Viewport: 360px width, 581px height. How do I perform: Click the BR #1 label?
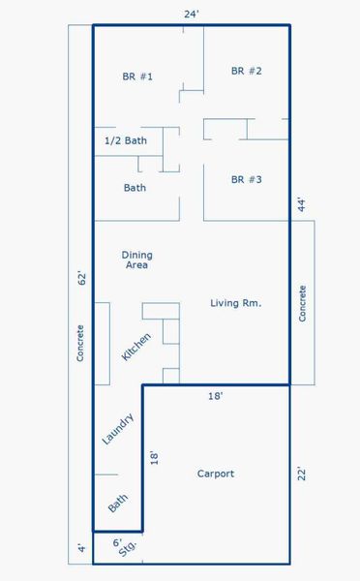[x=137, y=76]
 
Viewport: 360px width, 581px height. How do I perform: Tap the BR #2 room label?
[x=247, y=71]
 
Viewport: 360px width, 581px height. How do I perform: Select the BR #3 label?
[x=247, y=179]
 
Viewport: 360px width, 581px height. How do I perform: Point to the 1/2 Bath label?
[x=126, y=140]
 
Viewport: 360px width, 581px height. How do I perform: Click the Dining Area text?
[x=137, y=260]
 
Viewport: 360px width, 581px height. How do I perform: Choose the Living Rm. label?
[x=235, y=303]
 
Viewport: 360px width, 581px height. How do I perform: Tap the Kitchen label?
[x=136, y=347]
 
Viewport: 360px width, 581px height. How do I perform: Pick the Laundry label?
[x=118, y=429]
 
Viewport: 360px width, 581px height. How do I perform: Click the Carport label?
[x=216, y=474]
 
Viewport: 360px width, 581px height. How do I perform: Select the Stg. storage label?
[x=128, y=548]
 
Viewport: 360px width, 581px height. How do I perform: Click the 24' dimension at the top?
[x=192, y=15]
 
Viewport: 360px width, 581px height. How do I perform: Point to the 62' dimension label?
[x=82, y=278]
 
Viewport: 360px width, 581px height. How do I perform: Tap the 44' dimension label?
[x=302, y=205]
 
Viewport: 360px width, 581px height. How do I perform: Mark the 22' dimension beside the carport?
[x=302, y=474]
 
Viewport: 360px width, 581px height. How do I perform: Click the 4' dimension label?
[x=82, y=548]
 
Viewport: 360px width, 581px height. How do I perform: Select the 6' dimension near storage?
[x=117, y=543]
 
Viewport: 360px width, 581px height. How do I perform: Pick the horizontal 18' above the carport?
[x=215, y=396]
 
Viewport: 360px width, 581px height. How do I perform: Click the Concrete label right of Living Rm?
[x=303, y=303]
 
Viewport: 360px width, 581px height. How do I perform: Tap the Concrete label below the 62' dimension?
[x=80, y=343]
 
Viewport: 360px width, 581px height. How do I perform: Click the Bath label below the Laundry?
[x=118, y=503]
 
